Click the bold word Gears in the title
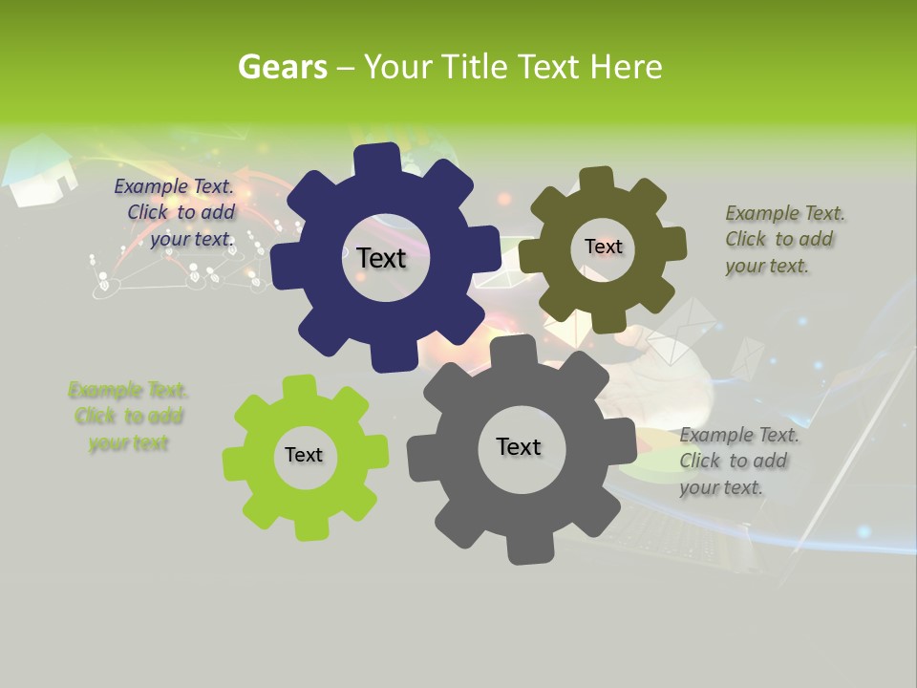[281, 67]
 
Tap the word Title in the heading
[474, 67]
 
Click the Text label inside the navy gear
[381, 258]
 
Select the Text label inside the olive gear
[603, 247]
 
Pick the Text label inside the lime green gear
[304, 455]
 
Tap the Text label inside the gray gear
[519, 446]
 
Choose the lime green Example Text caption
[128, 416]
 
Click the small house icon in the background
[39, 171]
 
